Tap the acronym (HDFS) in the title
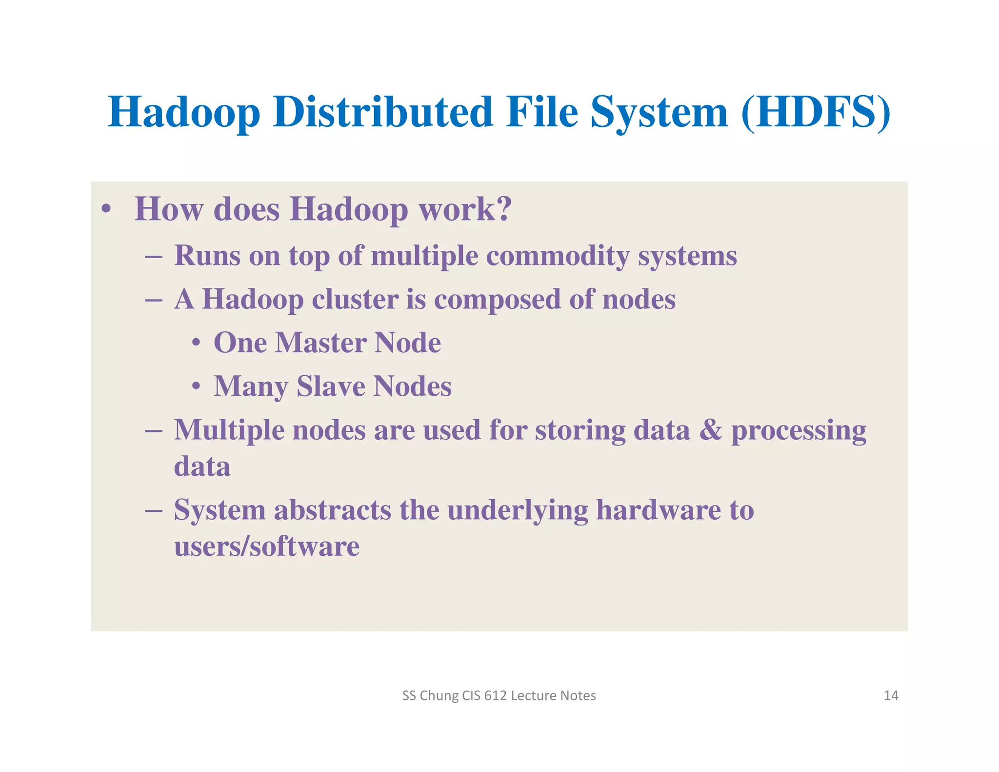pos(816,113)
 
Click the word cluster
pos(355,299)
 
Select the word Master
pos(320,343)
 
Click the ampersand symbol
pos(710,430)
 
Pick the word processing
pos(799,431)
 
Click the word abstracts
pos(332,510)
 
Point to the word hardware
pos(659,510)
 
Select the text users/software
pos(267,546)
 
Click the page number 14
pos(891,695)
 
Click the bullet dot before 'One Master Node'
pos(196,344)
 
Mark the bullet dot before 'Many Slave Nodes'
pos(196,387)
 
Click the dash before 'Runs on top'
pos(154,257)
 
